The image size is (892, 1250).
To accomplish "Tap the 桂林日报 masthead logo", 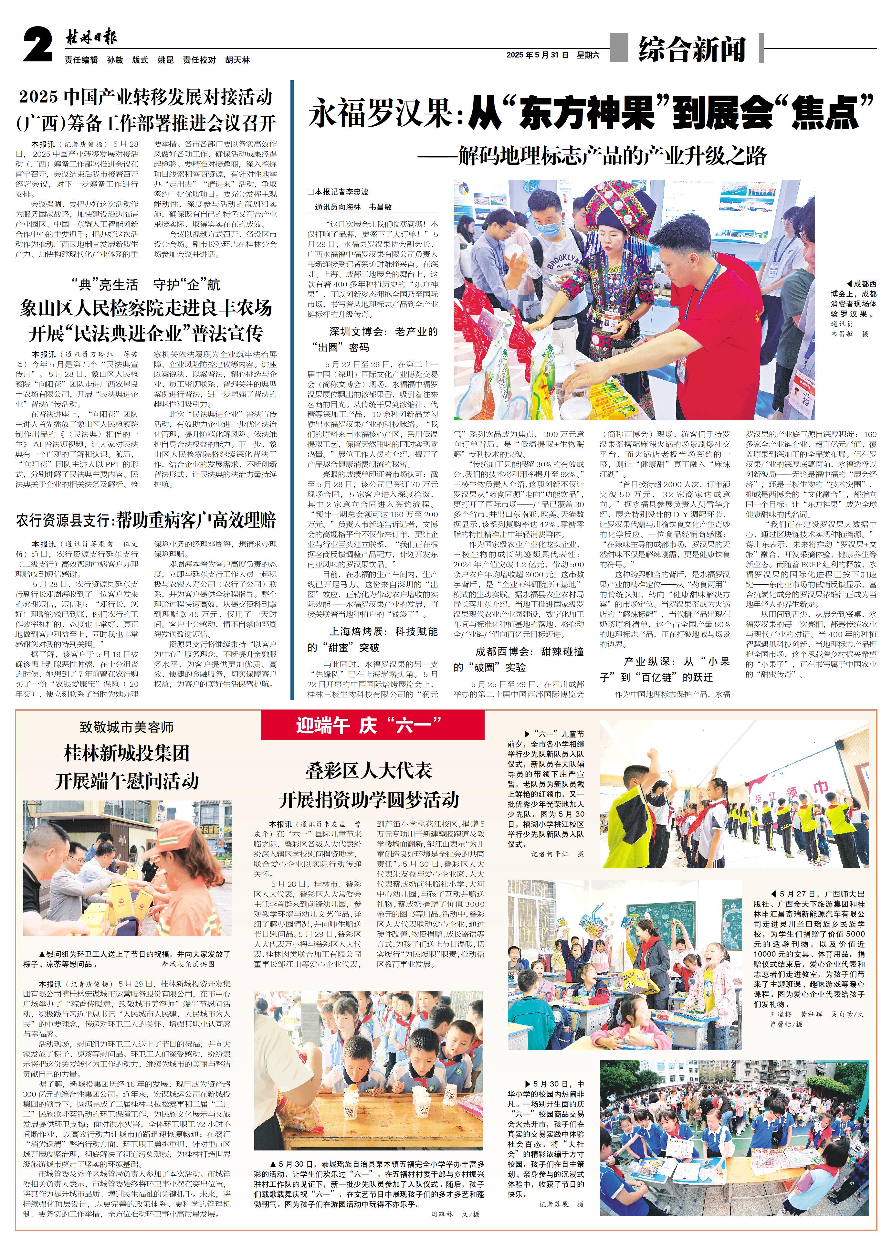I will pyautogui.click(x=91, y=38).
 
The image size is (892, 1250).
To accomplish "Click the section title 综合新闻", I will pyautogui.click(x=691, y=49).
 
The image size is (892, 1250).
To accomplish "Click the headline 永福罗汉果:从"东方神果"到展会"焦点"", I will pyautogui.click(x=591, y=113).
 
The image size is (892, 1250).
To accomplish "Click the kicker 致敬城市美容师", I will pyautogui.click(x=126, y=727).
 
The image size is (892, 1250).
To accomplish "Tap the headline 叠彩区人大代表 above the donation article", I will pyautogui.click(x=369, y=770).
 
